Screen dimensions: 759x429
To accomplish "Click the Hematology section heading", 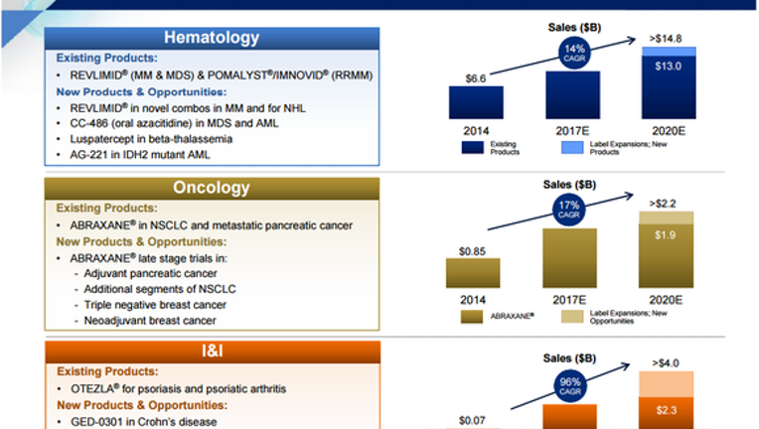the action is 212,38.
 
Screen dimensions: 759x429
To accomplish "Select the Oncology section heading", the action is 212,188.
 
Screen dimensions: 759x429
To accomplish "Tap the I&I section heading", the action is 212,351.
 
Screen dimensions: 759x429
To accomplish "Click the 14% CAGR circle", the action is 574,53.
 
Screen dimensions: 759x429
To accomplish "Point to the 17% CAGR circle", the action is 569,210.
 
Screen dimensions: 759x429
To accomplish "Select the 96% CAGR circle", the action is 570,386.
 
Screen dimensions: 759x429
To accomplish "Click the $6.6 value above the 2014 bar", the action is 475,78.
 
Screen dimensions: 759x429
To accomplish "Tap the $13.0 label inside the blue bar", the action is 668,67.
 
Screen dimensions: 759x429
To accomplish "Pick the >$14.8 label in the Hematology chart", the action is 666,38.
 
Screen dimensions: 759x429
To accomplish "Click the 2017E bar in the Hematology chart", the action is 572,94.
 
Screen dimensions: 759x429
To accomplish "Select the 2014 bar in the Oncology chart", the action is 473,273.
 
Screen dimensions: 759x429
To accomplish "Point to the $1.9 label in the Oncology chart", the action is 665,235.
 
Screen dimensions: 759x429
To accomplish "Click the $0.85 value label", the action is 473,251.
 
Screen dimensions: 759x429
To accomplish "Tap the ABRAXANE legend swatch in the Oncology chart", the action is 472,317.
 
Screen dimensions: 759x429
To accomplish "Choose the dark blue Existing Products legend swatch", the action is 473,148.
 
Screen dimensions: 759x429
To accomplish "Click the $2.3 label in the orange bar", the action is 667,410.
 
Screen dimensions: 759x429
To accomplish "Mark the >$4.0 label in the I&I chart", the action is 666,362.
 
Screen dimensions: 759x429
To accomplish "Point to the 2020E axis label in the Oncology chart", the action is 666,300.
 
